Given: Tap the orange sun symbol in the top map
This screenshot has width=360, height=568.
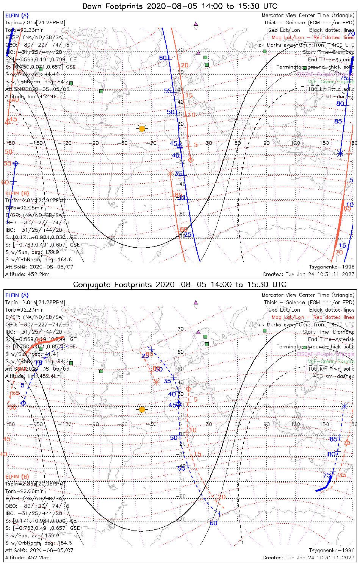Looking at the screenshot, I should click(142, 129).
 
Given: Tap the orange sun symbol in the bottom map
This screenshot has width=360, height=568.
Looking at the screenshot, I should click(142, 409).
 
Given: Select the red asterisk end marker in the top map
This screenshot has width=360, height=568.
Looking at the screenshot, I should click(170, 173).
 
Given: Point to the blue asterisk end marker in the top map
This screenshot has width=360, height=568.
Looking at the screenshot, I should click(340, 153).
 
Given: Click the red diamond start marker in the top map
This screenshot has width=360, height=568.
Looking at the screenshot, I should click(191, 160).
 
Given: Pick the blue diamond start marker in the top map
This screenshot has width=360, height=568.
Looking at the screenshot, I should click(16, 164).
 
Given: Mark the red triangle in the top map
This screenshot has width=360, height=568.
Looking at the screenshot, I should click(7, 122).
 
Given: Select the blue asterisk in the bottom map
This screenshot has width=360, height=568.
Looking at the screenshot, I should click(344, 406).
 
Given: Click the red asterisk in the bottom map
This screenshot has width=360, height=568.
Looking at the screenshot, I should click(156, 382).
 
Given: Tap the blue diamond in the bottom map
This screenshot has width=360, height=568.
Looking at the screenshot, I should click(23, 403).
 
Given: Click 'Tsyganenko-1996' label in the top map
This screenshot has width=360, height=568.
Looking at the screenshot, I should click(332, 267).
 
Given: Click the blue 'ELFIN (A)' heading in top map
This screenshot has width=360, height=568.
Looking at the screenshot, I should click(17, 16).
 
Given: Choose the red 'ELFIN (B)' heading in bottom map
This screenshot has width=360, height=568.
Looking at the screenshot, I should click(17, 476).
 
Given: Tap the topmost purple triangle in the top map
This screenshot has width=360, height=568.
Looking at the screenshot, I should click(196, 23).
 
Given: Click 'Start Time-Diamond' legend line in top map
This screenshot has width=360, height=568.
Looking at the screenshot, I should click(329, 52).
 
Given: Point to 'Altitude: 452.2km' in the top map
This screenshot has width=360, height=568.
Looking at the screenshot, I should click(27, 274).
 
